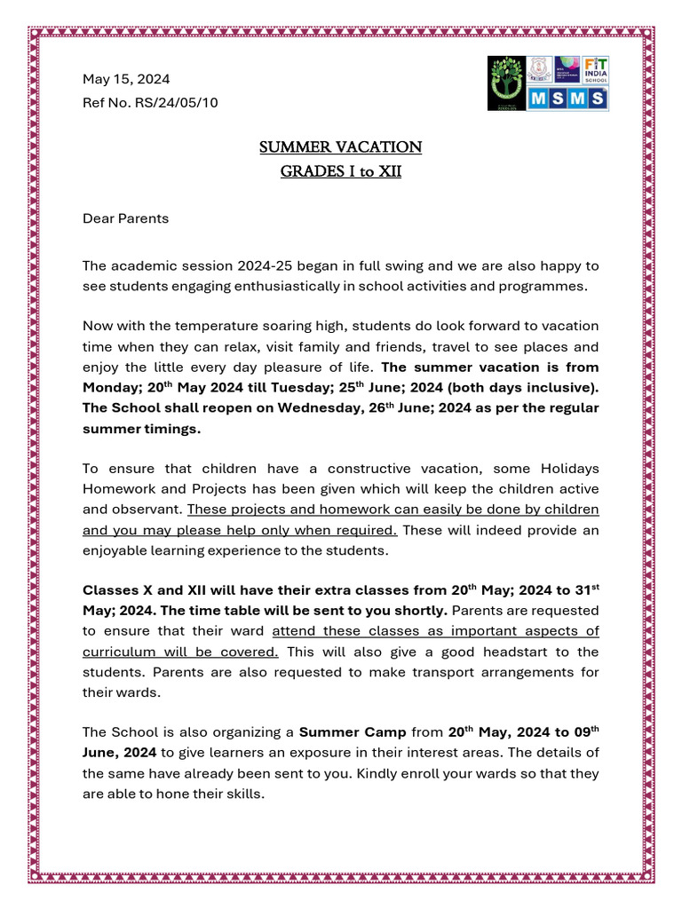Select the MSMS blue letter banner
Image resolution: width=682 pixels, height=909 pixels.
coord(568,99)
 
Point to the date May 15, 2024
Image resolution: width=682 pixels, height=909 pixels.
coord(126,79)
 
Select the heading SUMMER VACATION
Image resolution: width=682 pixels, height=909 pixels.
coord(340,146)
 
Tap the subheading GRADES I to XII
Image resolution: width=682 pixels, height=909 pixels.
coord(340,170)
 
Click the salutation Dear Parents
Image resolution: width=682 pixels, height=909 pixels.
coord(125,218)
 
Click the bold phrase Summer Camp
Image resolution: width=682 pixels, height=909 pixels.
coord(353,732)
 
